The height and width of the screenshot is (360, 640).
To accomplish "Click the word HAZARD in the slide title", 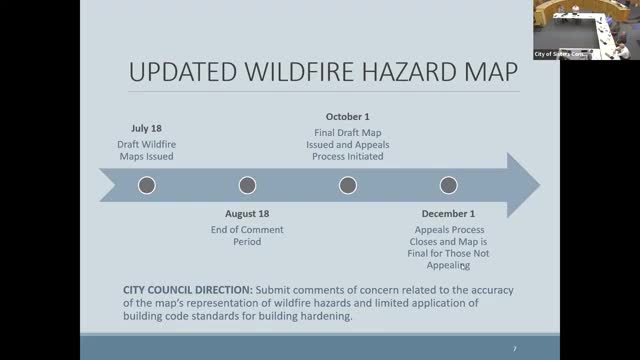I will [419, 74].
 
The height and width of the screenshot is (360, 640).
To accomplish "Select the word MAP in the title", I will [493, 74].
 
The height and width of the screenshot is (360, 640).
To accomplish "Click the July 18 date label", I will [146, 129].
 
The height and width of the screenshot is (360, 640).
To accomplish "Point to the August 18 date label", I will [247, 214].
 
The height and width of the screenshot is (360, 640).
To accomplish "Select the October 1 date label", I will [348, 116].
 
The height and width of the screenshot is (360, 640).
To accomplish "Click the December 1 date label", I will [448, 214].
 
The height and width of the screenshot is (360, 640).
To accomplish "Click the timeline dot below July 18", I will [147, 185].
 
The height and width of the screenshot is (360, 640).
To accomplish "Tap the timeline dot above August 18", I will [247, 185].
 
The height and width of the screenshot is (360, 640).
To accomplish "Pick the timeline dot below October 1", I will [348, 185].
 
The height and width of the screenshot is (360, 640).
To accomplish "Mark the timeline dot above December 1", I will [448, 185].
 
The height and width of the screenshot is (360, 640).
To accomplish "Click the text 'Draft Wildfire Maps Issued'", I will [146, 149].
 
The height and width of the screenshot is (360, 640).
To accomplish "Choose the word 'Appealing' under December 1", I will [448, 265].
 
